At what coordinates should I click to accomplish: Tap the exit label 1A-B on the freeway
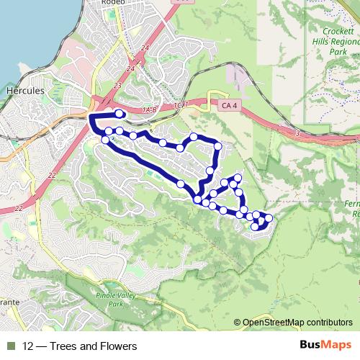(x=150, y=109)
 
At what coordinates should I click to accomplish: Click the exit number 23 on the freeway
(x=118, y=84)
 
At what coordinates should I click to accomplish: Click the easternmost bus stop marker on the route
(x=269, y=217)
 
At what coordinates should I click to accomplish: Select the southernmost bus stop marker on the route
(x=254, y=228)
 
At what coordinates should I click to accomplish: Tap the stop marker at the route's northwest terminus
(x=120, y=113)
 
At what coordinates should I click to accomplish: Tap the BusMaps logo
(x=325, y=346)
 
